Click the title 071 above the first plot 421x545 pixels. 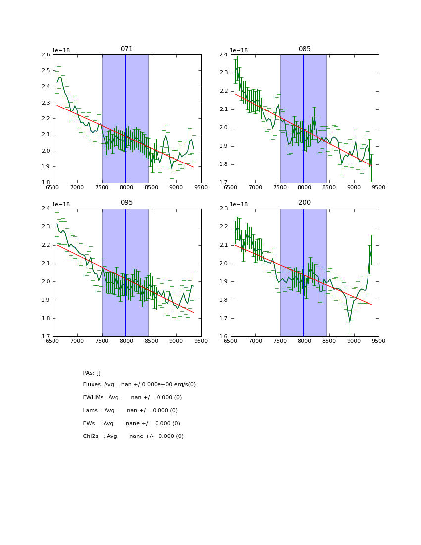126,49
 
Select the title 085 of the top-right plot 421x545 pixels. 304,49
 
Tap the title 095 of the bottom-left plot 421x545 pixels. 126,203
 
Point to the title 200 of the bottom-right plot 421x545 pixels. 304,203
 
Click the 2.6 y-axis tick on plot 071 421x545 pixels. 46,55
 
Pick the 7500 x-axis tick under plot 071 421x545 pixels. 102,187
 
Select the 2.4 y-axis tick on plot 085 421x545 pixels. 224,55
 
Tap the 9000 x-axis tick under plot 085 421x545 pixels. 354,187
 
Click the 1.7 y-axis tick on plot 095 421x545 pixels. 46,337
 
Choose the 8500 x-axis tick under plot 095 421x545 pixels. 152,341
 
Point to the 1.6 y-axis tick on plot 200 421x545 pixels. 224,337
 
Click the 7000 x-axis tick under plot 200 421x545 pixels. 256,341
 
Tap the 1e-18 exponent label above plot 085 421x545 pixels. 239,50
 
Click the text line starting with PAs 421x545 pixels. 92,373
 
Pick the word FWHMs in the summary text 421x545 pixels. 93,398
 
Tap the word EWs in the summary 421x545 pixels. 89,424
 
